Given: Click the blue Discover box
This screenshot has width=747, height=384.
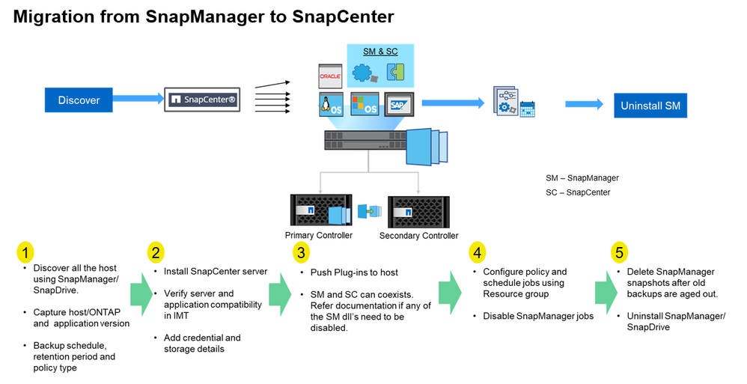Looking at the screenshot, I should click(79, 100).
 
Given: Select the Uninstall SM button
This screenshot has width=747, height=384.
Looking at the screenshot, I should click(650, 106).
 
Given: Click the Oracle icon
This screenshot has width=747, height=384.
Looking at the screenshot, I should click(330, 76).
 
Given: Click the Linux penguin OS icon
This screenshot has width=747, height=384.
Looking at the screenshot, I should click(330, 106).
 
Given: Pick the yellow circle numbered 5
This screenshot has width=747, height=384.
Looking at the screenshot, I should click(619, 252).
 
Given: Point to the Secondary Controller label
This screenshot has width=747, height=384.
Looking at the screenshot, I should click(418, 236).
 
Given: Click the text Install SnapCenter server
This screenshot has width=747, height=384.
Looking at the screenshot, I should click(216, 271).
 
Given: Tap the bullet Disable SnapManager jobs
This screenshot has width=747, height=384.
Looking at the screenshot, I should click(538, 316).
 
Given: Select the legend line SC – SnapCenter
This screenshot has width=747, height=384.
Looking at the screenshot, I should click(578, 192).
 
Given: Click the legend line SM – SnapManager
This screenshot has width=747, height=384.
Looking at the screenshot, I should click(582, 178).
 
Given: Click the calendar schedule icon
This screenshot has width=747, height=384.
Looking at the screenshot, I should click(527, 108).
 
